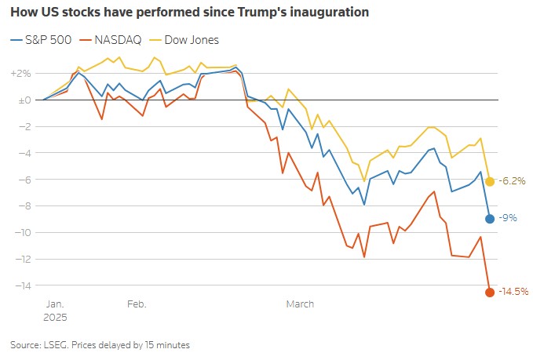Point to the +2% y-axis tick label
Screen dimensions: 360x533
20,74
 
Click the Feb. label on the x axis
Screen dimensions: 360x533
137,304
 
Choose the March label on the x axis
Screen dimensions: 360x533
300,304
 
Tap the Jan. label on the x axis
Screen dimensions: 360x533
55,304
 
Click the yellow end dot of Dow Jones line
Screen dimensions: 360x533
490,181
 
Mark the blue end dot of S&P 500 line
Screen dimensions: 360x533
490,219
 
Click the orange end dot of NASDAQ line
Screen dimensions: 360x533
490,293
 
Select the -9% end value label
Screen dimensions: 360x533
507,219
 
